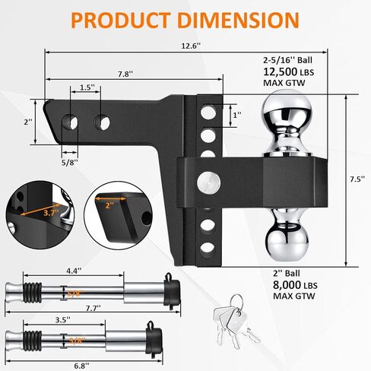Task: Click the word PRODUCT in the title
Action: point(121,20)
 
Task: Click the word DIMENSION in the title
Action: point(239,20)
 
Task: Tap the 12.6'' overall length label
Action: point(191,46)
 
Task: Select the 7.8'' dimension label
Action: point(125,74)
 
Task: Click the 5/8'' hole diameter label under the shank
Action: point(70,162)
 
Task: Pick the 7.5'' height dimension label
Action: point(357,179)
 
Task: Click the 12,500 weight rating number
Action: point(281,71)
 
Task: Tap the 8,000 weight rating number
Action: point(287,285)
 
